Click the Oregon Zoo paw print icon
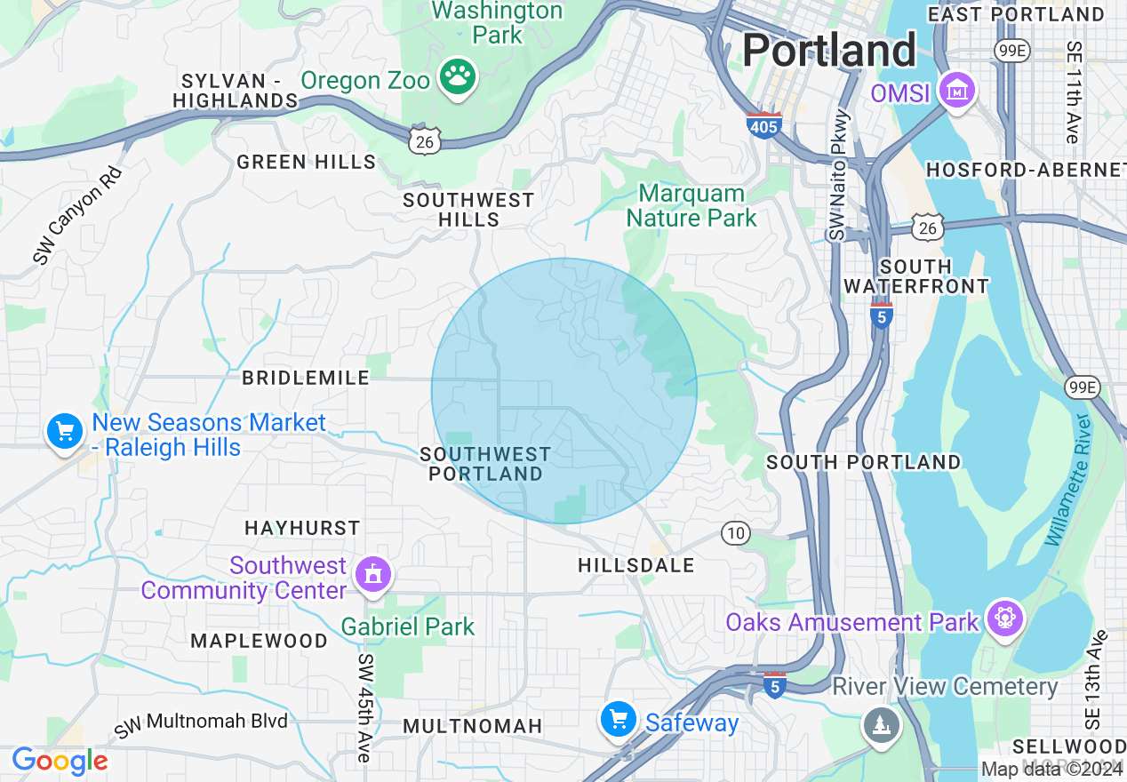(x=458, y=76)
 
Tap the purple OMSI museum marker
(x=957, y=91)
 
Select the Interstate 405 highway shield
(x=763, y=124)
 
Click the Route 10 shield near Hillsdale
(x=735, y=533)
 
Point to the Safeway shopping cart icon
(x=618, y=720)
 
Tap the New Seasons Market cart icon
(x=65, y=432)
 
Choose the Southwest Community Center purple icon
(x=372, y=575)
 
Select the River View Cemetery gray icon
(x=880, y=725)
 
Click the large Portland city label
(x=828, y=50)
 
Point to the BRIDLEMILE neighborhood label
(x=306, y=378)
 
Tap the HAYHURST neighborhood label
(x=302, y=528)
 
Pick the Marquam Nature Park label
(x=691, y=205)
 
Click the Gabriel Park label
(x=408, y=626)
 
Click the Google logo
(x=60, y=761)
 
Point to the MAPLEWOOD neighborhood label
(x=259, y=641)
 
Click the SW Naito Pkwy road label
(x=838, y=175)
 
